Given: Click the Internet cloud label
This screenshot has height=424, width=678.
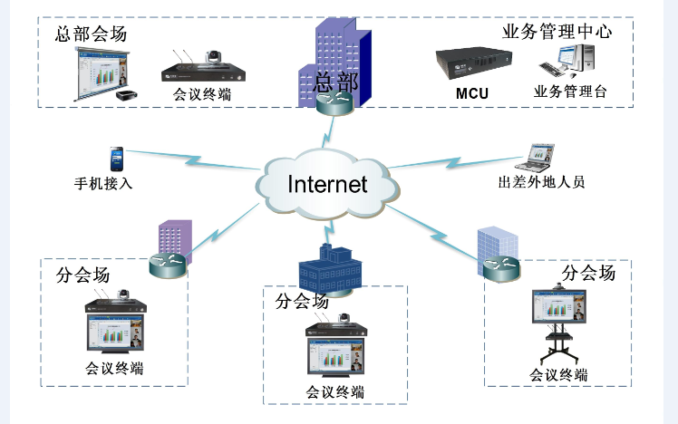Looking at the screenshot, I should click(327, 184).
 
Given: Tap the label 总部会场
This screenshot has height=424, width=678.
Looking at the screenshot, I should click(91, 34).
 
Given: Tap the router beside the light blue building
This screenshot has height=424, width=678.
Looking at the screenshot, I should click(499, 268).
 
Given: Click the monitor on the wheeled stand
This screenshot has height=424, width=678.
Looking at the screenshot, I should click(558, 308).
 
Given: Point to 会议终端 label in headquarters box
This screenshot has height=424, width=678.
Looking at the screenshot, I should click(200, 93).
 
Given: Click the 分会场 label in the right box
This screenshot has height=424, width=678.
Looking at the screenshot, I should click(588, 273).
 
